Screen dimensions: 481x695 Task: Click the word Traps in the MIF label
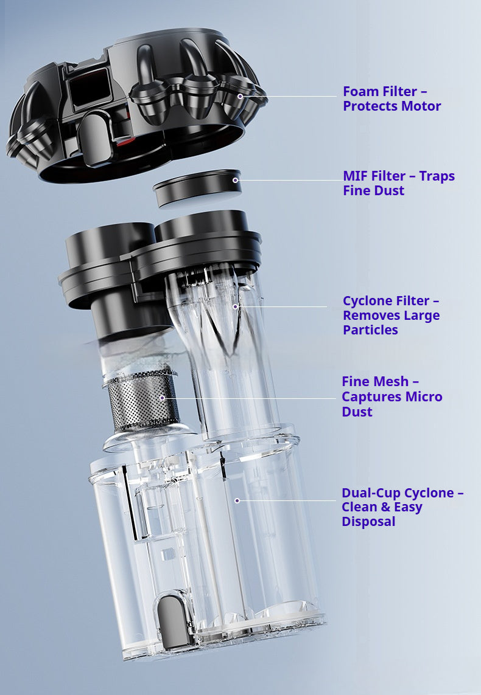(437, 176)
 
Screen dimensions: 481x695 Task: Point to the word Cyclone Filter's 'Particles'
(370, 330)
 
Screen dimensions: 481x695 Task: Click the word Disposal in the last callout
(368, 522)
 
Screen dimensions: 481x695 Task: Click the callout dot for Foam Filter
(240, 96)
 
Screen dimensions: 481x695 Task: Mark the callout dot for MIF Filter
(235, 180)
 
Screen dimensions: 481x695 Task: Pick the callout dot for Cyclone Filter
(236, 306)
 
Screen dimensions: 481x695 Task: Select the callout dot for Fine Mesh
(163, 398)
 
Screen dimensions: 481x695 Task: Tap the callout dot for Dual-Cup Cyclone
(237, 500)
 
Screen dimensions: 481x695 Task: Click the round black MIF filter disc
(197, 188)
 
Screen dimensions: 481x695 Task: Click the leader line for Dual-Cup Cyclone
(287, 501)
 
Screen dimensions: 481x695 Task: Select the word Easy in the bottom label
(408, 508)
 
